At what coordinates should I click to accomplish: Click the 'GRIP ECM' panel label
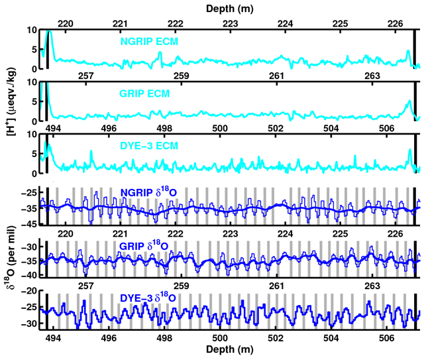[145, 94]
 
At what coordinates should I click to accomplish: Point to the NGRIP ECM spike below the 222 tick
[160, 53]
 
